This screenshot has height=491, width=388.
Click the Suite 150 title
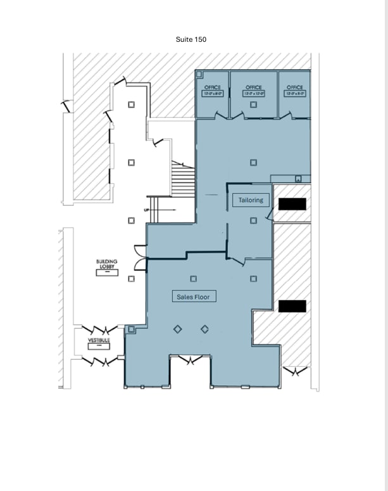[191, 39]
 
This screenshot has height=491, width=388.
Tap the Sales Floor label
[193, 296]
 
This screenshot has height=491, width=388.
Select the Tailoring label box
[251, 200]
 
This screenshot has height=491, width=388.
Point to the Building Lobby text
[107, 264]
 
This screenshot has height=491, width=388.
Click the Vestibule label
[99, 340]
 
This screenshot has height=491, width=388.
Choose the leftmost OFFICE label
[212, 87]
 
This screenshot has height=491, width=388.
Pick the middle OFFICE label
[253, 87]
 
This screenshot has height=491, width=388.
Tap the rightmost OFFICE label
[294, 87]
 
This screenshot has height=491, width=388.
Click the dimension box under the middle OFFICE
[253, 94]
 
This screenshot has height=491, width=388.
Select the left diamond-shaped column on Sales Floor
[178, 329]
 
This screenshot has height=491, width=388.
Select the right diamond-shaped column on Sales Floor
[205, 329]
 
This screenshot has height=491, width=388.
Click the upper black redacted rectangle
[292, 204]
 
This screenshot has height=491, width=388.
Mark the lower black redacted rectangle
[292, 306]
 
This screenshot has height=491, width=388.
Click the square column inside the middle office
[253, 105]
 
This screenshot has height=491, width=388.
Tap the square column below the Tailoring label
[253, 220]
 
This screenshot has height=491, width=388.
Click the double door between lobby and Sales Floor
[141, 257]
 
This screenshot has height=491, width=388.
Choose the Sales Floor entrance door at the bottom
[189, 360]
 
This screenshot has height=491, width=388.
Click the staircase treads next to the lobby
[182, 180]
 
